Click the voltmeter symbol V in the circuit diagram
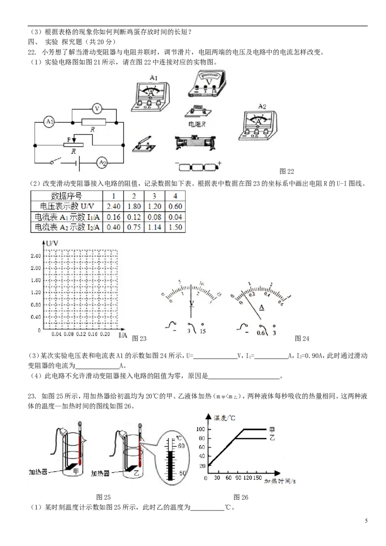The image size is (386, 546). [97, 109]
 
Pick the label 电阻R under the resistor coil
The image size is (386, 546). [198, 123]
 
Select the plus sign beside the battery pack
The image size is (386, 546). [220, 163]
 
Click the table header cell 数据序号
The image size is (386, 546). [67, 196]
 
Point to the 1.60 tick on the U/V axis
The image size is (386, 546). [36, 280]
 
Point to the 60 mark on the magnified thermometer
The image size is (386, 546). [182, 446]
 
